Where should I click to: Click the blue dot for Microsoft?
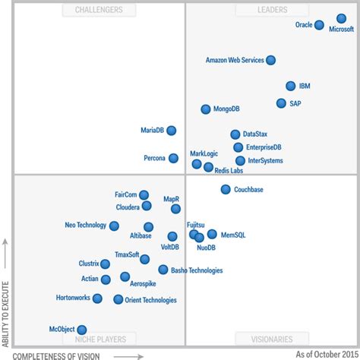[x=339, y=19]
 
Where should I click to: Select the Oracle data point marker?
[x=319, y=25]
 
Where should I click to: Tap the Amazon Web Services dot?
[x=271, y=60]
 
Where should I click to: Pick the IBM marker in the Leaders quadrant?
[x=291, y=87]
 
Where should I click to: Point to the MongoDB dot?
[x=206, y=109]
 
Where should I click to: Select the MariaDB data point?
[x=172, y=131]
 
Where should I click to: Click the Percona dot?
[x=174, y=158]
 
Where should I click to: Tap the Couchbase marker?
[x=226, y=189]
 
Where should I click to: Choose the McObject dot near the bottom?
[x=82, y=330]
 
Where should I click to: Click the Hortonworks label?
[x=72, y=298]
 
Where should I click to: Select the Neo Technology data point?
[x=114, y=226]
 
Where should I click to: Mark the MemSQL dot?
[x=212, y=234]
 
